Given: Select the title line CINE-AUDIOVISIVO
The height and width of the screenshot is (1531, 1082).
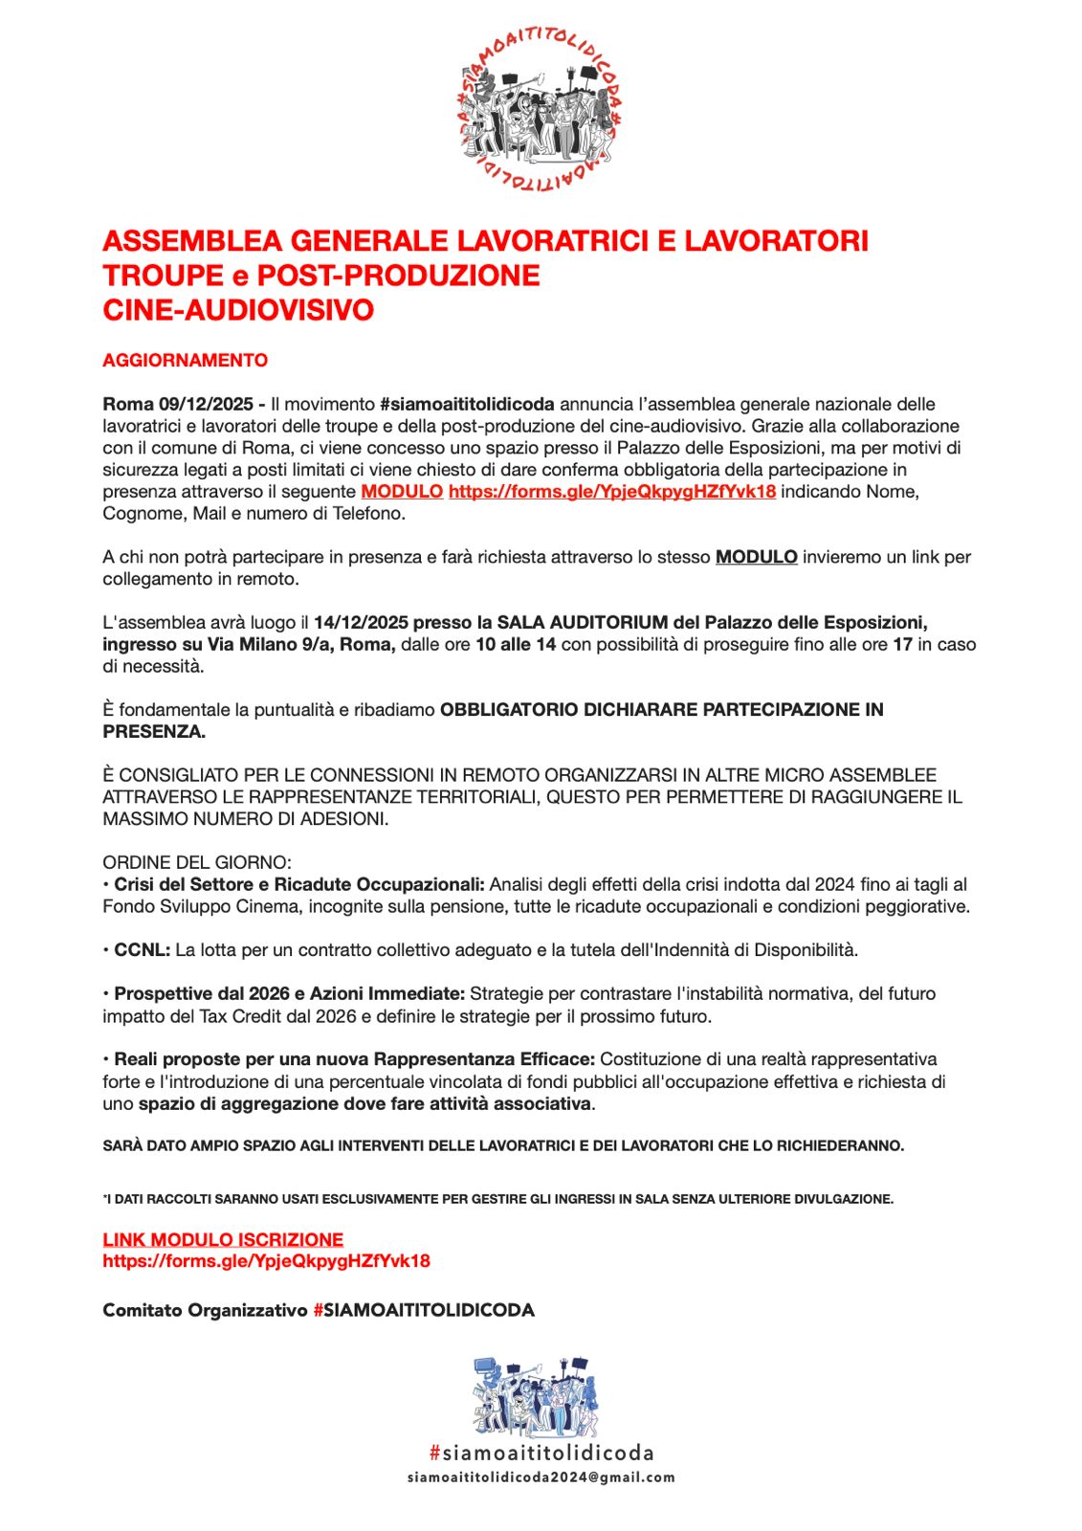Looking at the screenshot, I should (238, 310).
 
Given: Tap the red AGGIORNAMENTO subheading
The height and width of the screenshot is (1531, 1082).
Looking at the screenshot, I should (185, 361).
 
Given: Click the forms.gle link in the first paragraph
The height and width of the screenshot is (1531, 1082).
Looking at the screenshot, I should (611, 492).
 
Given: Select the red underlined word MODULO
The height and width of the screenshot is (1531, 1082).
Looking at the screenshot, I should (402, 492).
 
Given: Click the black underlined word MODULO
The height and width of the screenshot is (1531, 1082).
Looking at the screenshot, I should (756, 557).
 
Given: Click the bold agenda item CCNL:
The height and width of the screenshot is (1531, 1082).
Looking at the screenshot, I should (142, 950).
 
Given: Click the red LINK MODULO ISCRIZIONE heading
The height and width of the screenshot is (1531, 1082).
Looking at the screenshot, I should (223, 1239).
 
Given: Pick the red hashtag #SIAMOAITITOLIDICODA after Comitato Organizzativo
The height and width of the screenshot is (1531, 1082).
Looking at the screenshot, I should (423, 1310).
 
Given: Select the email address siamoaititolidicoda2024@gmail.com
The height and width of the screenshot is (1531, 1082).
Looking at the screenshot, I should (541, 1477).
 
